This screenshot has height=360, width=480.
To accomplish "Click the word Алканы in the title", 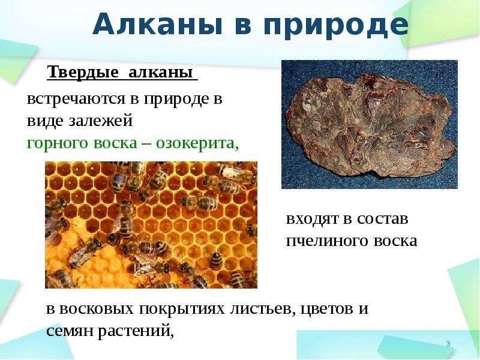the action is click(x=157, y=25).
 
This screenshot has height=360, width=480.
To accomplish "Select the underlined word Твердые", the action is click(x=83, y=72).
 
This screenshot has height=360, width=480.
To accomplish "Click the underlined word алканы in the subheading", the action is click(x=161, y=72).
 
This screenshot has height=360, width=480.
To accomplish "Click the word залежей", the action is click(x=100, y=121).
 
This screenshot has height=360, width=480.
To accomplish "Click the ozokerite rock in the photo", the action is click(x=370, y=125).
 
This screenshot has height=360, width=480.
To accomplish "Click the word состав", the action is click(x=383, y=219).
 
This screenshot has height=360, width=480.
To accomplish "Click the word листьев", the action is click(x=262, y=309).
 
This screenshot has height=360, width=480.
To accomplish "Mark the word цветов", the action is click(x=326, y=309).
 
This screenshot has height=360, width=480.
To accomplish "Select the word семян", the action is click(x=70, y=331).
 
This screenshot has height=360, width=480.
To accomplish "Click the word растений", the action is click(x=136, y=332).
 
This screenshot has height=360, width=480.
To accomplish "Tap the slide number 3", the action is click(x=448, y=343).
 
